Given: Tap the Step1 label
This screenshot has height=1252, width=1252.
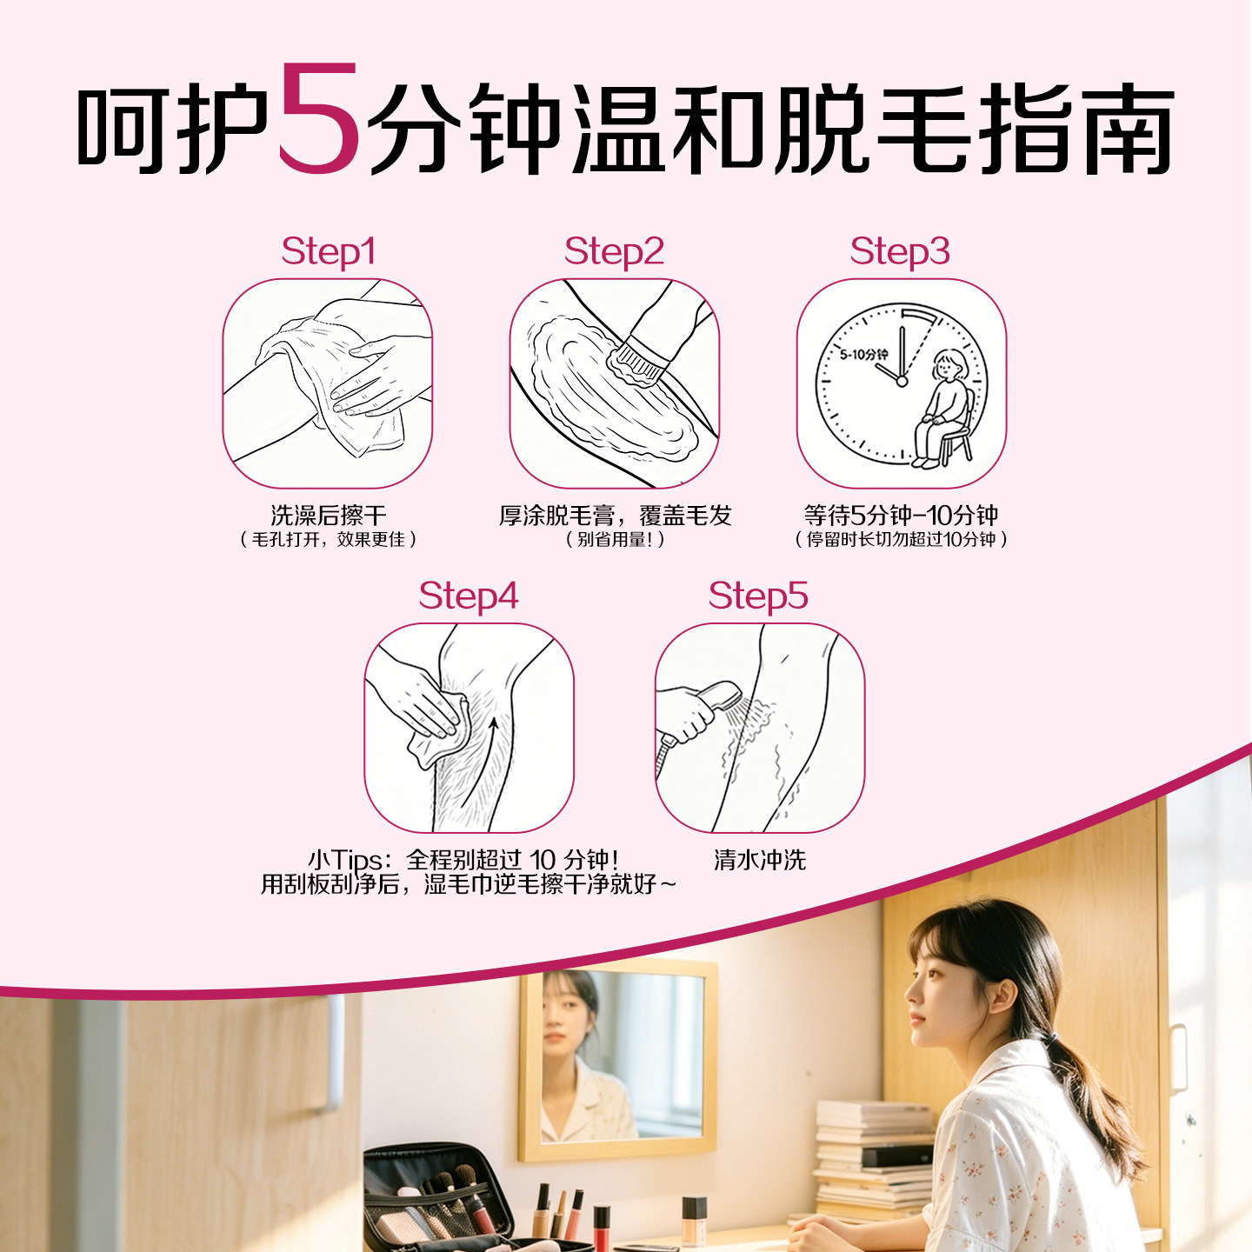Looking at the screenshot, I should (x=328, y=251).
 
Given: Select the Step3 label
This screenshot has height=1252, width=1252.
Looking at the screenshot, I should (x=900, y=251).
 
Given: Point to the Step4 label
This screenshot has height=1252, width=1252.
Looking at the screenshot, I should (x=468, y=596).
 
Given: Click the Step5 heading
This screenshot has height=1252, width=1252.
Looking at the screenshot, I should (x=758, y=596).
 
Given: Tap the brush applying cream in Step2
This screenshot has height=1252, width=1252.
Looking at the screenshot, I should (x=639, y=361).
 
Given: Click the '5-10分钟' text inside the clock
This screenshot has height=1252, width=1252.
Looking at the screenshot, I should (x=863, y=355).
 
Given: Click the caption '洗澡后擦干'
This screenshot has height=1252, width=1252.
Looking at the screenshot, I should (x=328, y=516).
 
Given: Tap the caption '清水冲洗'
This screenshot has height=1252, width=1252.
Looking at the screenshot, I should (x=760, y=860).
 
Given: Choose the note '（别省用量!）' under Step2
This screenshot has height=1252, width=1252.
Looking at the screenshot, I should (x=615, y=540).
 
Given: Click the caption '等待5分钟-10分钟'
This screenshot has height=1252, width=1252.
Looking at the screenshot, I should (x=901, y=516).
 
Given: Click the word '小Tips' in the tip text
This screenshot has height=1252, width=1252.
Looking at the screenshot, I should (x=344, y=860).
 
